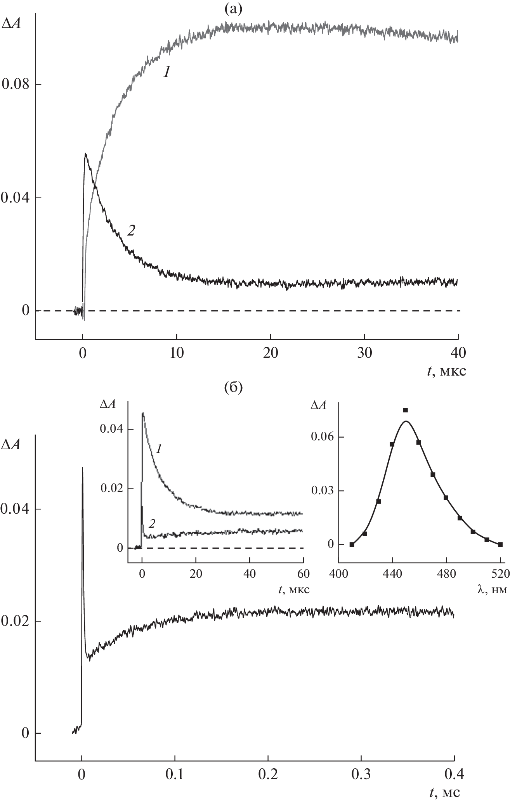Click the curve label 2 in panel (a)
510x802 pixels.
point(131,231)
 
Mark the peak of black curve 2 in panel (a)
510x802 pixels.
point(85,154)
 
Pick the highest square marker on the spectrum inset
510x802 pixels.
point(406,410)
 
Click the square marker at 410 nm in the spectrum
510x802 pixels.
point(352,544)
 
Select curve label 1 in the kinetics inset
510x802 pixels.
point(159,449)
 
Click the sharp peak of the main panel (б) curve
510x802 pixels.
point(82,468)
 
